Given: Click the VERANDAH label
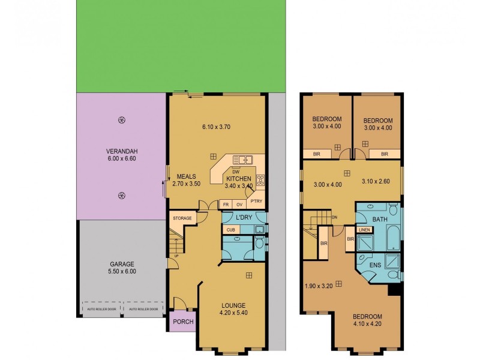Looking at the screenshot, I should point(121,151).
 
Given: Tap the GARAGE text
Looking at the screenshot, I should point(121,263).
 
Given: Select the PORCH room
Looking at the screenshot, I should point(183,321).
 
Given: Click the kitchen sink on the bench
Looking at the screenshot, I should point(242,160).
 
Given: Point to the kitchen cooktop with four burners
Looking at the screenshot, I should point(260,179).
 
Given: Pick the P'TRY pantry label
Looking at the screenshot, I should point(256,202).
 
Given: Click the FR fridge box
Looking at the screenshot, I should point(226,204).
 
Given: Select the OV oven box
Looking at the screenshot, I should point(239,204).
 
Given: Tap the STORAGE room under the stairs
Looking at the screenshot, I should point(182,218).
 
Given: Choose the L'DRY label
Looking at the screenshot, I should point(243,217).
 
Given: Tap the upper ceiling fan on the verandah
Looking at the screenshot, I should point(122,120).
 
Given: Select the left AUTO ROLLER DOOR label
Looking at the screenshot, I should point(100,310).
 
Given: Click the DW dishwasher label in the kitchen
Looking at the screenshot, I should point(227,172).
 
